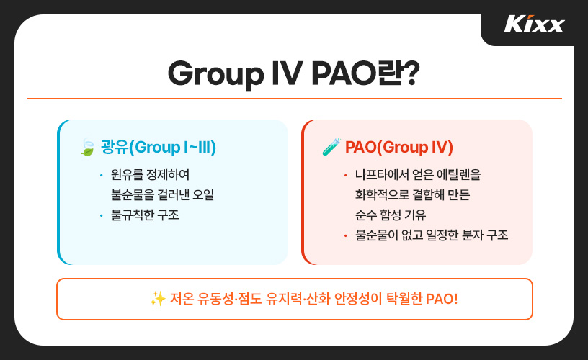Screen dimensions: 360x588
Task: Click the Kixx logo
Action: click(534, 24)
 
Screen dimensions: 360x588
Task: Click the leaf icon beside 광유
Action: click(87, 148)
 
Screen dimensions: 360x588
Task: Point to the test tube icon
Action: click(331, 148)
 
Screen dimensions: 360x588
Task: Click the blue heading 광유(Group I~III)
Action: click(159, 148)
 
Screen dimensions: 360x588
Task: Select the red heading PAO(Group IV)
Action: click(398, 148)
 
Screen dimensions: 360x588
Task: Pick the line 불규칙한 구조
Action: click(145, 215)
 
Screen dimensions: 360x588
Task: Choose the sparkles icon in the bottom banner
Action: click(157, 299)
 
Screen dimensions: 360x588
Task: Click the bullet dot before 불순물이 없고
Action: click(346, 235)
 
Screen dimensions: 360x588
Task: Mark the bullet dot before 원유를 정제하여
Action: click(102, 176)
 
